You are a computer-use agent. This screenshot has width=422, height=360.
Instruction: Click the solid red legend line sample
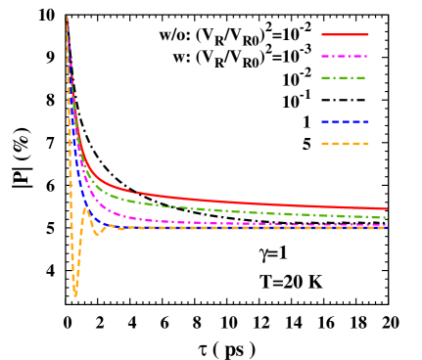tap(345, 34)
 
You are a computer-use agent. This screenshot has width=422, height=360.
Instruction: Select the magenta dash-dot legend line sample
tap(345, 56)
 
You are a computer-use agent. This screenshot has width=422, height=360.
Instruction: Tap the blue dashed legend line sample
tap(345, 121)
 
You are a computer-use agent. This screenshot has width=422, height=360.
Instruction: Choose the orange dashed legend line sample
tap(345, 144)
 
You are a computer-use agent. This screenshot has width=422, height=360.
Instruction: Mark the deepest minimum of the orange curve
tap(75, 293)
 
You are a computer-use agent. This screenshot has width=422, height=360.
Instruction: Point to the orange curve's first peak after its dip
tap(85, 208)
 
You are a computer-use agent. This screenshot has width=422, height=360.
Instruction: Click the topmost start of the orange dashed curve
tap(67, 17)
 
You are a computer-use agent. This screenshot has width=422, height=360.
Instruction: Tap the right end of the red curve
tap(387, 208)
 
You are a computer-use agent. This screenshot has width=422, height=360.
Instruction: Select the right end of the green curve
tap(386, 217)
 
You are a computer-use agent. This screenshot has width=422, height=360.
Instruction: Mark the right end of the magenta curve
tap(386, 225)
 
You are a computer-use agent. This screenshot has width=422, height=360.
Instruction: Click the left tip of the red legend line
tap(322, 34)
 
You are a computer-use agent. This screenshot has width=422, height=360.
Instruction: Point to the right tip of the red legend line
tap(368, 34)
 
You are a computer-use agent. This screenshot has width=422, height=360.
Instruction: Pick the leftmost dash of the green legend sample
tap(326, 77)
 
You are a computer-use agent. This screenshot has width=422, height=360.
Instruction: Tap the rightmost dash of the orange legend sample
tap(362, 144)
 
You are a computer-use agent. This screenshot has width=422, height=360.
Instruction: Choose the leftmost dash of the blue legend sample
tap(325, 121)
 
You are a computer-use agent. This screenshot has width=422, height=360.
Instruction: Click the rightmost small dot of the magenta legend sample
tap(365, 56)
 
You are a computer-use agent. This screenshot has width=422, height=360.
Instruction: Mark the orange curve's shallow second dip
tap(98, 234)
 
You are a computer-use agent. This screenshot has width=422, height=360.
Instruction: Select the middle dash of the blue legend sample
tap(345, 121)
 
